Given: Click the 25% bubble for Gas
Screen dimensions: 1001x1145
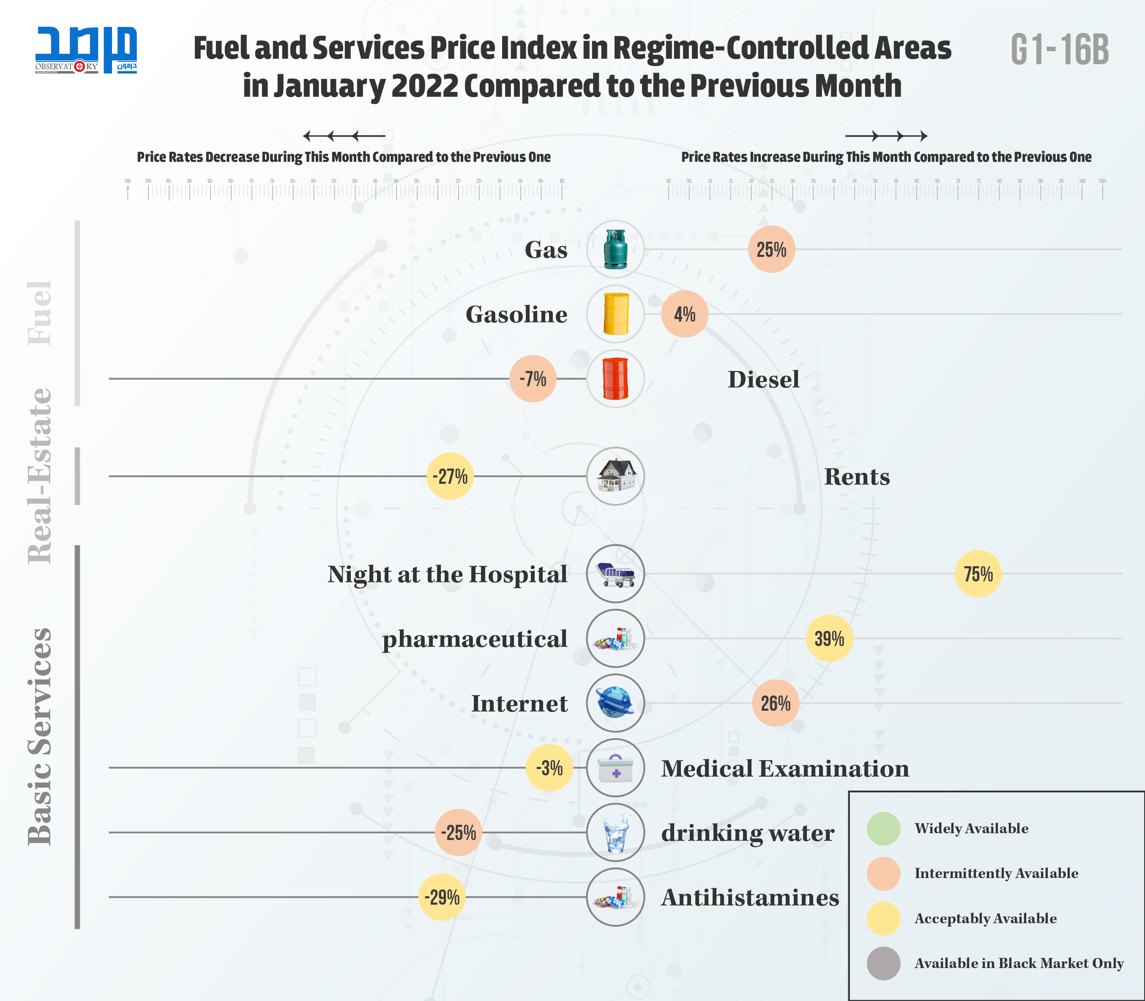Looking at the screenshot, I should pyautogui.click(x=771, y=249).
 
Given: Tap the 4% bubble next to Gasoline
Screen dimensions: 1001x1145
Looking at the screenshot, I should pyautogui.click(x=685, y=314).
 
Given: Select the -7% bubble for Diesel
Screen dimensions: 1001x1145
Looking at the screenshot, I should pyautogui.click(x=533, y=379).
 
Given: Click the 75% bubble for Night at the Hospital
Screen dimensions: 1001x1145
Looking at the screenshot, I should pyautogui.click(x=978, y=574).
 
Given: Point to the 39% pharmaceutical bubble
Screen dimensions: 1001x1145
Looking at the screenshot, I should pyautogui.click(x=829, y=638).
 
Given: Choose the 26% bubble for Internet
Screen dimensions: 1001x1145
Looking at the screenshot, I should pyautogui.click(x=776, y=703).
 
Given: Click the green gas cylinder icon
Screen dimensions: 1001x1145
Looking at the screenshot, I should pyautogui.click(x=615, y=249).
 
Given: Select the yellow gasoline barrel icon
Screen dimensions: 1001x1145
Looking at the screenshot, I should pyautogui.click(x=615, y=314).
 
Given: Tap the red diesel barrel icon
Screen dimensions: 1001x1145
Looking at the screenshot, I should pyautogui.click(x=615, y=379).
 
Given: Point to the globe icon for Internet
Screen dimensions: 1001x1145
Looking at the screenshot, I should pyautogui.click(x=615, y=703).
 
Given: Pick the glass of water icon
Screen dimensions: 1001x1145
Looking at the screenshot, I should pyautogui.click(x=615, y=832).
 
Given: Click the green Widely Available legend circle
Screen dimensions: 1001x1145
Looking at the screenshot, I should pyautogui.click(x=883, y=829).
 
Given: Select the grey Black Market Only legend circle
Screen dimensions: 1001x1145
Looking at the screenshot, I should pyautogui.click(x=883, y=963).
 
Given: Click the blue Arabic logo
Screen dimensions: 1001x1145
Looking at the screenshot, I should pyautogui.click(x=86, y=49).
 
